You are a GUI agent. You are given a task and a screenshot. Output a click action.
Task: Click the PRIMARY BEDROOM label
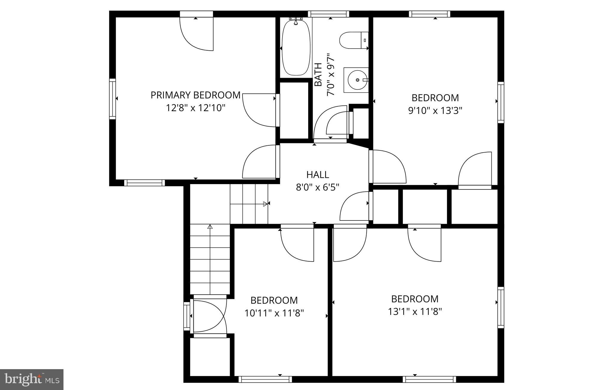coord(195,95)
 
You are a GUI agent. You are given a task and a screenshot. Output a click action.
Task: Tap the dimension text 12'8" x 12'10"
coord(195,108)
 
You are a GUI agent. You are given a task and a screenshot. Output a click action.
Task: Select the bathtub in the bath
coord(296,48)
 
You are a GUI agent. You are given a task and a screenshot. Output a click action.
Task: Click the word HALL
coord(318,175)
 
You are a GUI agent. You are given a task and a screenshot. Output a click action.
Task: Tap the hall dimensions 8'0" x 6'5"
coord(318,187)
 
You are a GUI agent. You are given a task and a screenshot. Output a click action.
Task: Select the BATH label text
coord(318,74)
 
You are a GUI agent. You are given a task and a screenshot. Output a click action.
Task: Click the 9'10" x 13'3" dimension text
coord(435,111)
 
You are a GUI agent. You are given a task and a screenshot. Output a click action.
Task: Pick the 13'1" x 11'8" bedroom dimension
coord(415,312)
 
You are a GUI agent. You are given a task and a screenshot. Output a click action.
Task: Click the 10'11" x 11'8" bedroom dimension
coord(274,313)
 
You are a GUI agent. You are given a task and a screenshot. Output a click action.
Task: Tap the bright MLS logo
coord(32,379)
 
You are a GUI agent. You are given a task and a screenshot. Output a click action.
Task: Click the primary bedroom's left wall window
coord(112,99)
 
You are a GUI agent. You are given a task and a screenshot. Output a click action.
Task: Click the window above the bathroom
coord(328,14)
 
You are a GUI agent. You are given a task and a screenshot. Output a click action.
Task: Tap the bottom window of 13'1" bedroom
coord(429,379)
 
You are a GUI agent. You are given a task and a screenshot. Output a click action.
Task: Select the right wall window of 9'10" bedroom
coord(501,102)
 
